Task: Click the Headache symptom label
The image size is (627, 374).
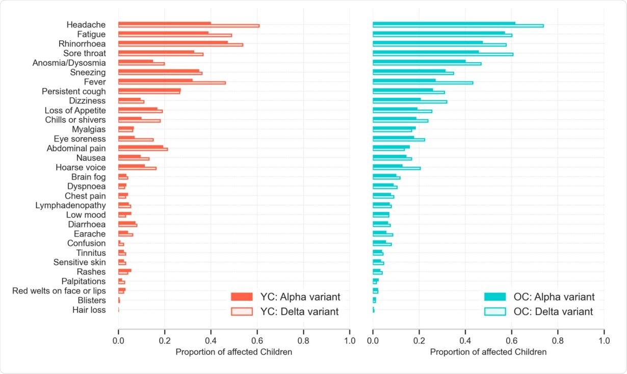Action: (86, 24)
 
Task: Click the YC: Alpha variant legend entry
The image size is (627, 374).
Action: (285, 297)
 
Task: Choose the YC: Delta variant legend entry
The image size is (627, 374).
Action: (285, 311)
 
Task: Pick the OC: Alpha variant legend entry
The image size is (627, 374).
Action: (539, 297)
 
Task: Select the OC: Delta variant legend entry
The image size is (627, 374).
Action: (539, 311)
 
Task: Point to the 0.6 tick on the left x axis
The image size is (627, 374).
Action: (257, 339)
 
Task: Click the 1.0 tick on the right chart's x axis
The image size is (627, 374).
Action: (604, 339)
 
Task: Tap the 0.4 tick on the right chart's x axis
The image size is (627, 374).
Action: (465, 339)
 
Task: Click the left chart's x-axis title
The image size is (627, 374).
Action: (233, 352)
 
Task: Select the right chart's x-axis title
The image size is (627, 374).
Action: (488, 352)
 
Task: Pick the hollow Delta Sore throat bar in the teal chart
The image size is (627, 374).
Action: (442, 54)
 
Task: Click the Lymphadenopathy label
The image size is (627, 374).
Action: (70, 205)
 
